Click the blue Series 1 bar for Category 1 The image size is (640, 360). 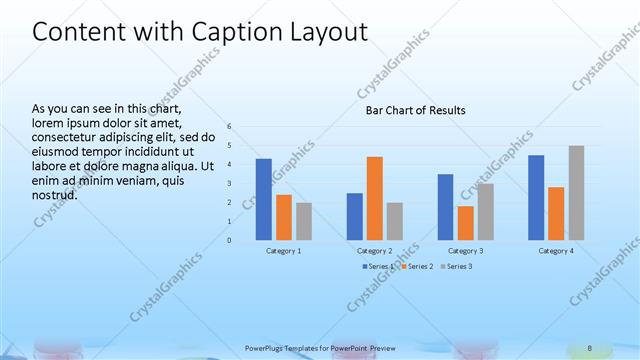point(263,199)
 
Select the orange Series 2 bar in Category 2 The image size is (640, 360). point(374,198)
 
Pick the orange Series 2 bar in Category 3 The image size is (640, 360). point(465,223)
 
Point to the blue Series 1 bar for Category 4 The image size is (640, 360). point(536,197)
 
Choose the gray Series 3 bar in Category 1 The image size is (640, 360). point(303,221)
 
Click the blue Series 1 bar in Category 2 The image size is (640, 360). point(354,216)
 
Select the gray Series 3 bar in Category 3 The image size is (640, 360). point(485,211)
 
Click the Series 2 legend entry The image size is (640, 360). point(418,266)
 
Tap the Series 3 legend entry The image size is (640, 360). point(456,266)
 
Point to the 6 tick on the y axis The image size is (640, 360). point(229,127)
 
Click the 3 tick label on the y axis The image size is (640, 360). point(229,184)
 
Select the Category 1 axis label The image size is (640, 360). point(283,250)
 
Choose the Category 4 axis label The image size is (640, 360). point(556,250)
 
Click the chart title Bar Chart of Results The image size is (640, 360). point(414,110)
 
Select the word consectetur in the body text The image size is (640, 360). point(67,137)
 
